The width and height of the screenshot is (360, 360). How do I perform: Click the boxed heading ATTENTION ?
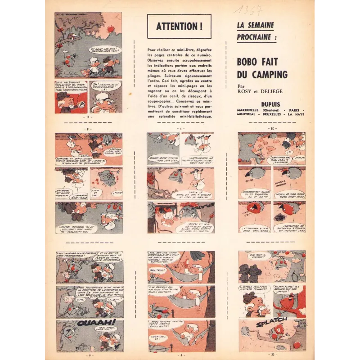(x=179, y=26)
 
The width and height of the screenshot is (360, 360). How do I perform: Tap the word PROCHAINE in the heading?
(x=257, y=36)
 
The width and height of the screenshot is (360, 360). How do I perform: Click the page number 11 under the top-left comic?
(x=88, y=117)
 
